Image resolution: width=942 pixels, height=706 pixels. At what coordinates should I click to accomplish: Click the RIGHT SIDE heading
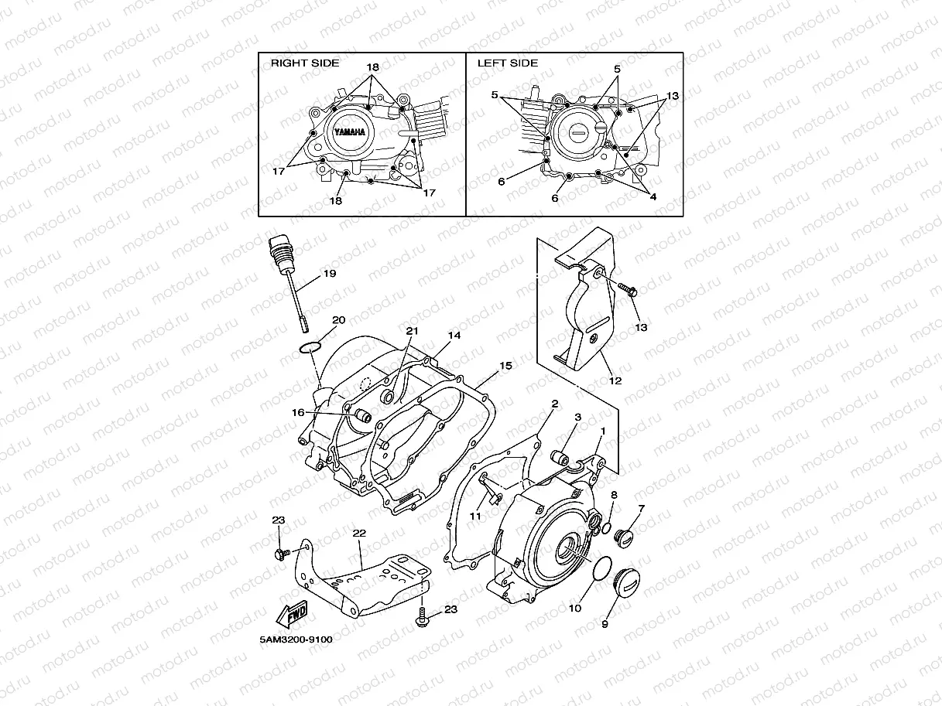click(304, 63)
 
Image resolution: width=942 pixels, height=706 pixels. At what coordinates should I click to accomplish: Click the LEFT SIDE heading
click(507, 63)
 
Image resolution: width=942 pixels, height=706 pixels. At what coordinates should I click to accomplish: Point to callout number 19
click(329, 274)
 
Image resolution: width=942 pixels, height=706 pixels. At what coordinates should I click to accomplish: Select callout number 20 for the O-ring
click(338, 319)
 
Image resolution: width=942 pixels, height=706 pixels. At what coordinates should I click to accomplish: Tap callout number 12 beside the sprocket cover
click(615, 380)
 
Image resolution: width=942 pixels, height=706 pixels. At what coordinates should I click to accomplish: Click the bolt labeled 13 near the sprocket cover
click(628, 292)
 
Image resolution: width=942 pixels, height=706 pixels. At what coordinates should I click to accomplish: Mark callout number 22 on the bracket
click(358, 534)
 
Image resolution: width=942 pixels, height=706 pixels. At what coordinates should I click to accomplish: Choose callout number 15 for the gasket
click(505, 364)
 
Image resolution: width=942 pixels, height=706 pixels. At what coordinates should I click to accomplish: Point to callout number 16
click(298, 413)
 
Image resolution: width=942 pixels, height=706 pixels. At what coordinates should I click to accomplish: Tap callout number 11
click(476, 516)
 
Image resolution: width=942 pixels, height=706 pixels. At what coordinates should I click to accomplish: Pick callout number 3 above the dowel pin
click(577, 418)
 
